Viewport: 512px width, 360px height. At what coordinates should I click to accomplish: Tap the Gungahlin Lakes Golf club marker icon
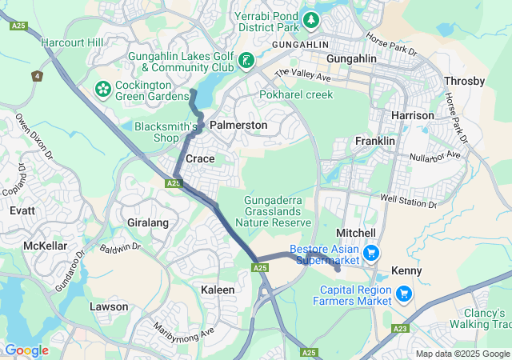click(246, 60)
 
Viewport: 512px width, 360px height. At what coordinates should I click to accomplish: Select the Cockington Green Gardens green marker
click(103, 86)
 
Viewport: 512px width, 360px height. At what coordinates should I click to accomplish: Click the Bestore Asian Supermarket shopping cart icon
click(370, 254)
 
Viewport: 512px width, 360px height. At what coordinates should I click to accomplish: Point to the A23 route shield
click(401, 328)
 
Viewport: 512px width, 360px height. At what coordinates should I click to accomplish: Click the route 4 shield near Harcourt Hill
click(37, 76)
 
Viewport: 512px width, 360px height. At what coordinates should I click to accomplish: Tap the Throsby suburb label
click(464, 82)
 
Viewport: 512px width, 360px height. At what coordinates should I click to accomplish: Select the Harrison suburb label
click(412, 116)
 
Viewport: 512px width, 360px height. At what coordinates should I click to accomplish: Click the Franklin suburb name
click(375, 141)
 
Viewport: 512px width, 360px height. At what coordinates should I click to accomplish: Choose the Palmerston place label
click(238, 126)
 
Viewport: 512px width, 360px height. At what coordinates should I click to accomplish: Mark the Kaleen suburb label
click(218, 290)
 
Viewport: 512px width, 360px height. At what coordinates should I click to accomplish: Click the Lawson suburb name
click(109, 306)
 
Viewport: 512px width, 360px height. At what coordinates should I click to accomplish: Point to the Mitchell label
click(356, 232)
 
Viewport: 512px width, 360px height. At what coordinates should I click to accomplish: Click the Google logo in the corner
click(26, 350)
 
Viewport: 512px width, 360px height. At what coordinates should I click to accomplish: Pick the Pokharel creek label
click(296, 94)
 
